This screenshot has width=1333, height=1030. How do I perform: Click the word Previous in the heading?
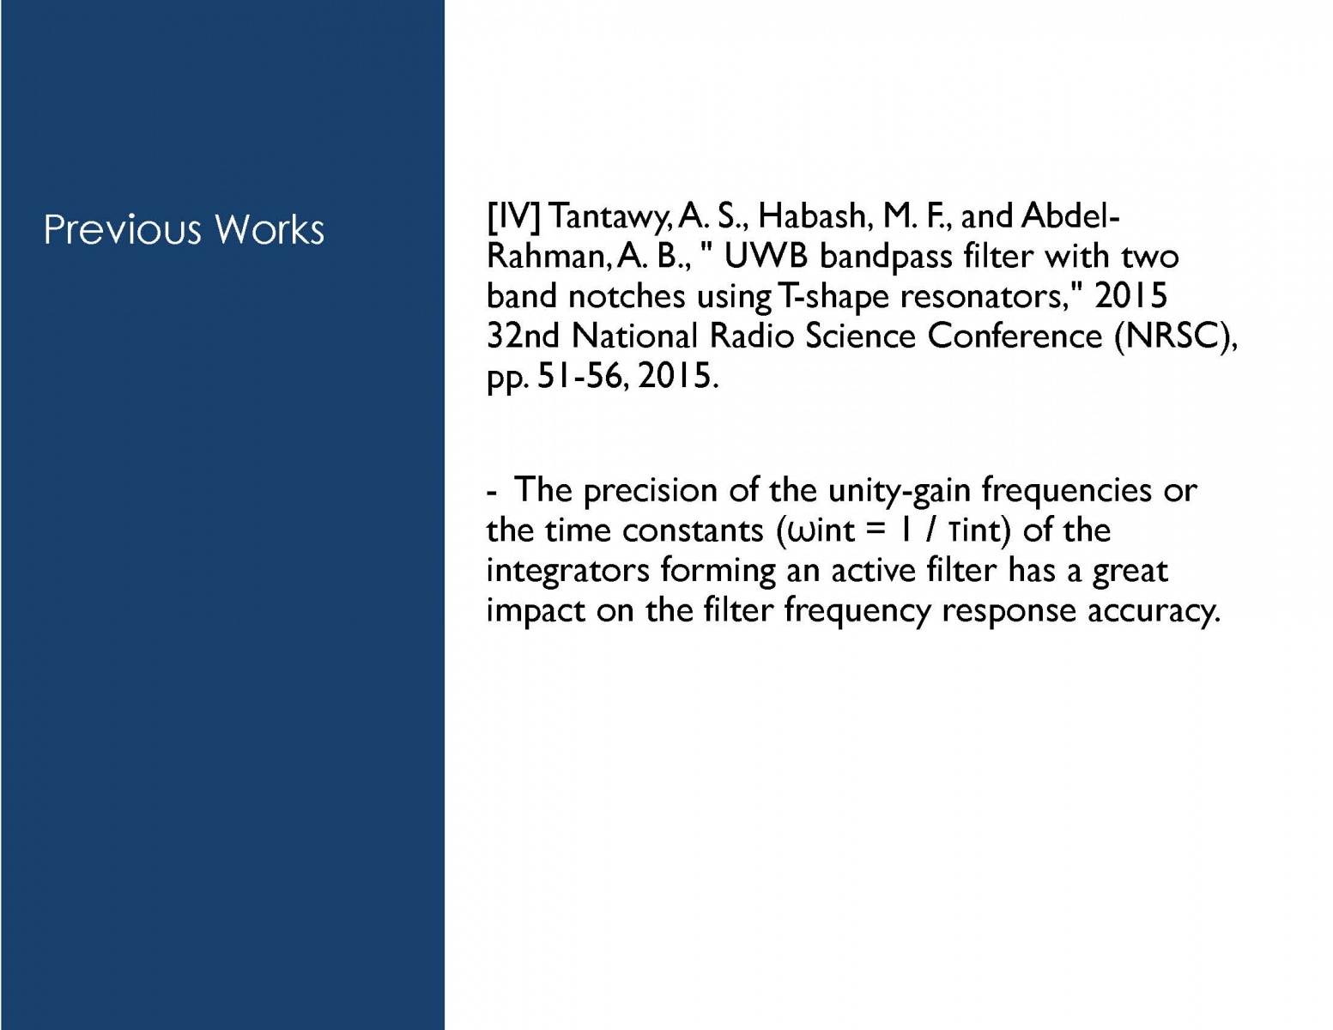pyautogui.click(x=123, y=230)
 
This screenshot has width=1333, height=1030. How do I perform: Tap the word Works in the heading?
pyautogui.click(x=270, y=230)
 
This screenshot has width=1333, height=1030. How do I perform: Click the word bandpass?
pyautogui.click(x=886, y=257)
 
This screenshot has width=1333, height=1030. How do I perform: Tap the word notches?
pyautogui.click(x=627, y=297)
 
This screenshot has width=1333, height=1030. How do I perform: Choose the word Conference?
pyautogui.click(x=1015, y=336)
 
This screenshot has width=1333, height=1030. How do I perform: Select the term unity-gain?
pyautogui.click(x=899, y=491)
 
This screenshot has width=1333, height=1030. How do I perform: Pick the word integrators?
pyautogui.click(x=568, y=572)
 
